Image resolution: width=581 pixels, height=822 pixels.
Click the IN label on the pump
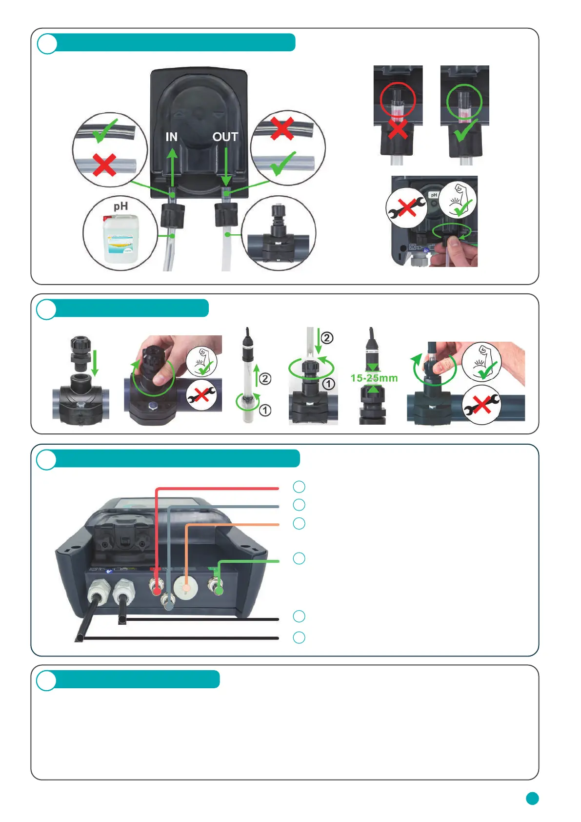(x=171, y=137)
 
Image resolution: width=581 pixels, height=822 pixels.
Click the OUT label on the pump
(x=225, y=137)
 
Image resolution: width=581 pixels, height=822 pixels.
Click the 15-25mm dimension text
(x=374, y=378)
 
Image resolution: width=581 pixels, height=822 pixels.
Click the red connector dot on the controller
(x=157, y=591)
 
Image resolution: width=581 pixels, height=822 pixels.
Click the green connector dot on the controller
(x=219, y=591)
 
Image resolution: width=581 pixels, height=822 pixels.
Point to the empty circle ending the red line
(x=299, y=487)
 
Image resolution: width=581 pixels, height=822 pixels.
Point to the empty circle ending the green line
(x=299, y=558)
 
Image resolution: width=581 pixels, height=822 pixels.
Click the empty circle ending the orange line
(x=299, y=523)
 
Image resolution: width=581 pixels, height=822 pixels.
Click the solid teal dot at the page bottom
(x=532, y=798)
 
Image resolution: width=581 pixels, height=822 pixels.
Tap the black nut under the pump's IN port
(x=173, y=216)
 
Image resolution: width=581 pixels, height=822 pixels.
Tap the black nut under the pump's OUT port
(x=226, y=215)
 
